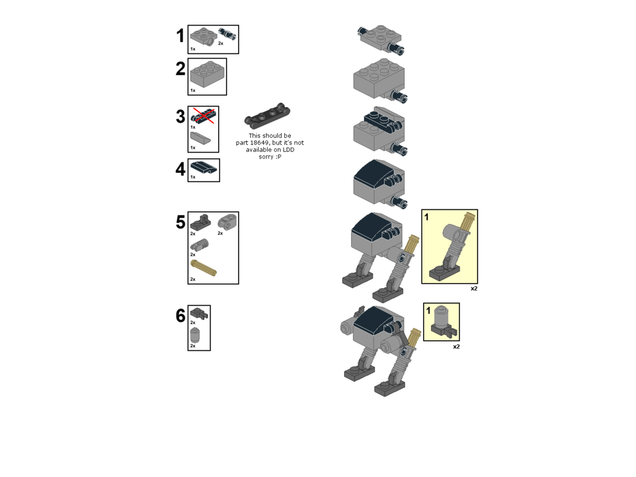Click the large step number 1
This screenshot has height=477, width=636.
[x=181, y=36]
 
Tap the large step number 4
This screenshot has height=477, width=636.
[x=181, y=169]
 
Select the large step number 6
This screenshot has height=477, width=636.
[x=181, y=315]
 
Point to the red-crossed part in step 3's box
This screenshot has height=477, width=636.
[x=203, y=116]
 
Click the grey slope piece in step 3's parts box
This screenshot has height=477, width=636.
[x=200, y=138]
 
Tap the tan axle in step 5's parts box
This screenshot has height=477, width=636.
[x=204, y=268]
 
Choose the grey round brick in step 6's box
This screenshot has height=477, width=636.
[x=195, y=335]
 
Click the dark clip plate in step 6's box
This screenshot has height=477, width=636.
[x=199, y=313]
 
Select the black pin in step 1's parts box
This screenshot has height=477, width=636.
[x=228, y=34]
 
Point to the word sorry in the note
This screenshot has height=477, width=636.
[x=266, y=156]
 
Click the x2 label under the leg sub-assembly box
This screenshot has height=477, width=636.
[x=474, y=288]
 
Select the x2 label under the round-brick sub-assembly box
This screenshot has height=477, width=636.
[x=456, y=347]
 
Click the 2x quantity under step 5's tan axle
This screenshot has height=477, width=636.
[x=193, y=279]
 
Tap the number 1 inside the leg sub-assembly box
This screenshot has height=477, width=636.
[x=426, y=218]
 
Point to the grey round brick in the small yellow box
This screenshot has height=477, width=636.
[x=441, y=316]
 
